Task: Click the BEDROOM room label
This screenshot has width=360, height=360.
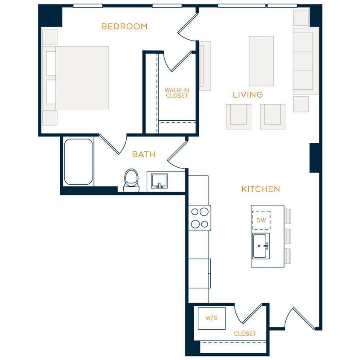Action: (x=124, y=26)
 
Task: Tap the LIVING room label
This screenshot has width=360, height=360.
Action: (x=247, y=95)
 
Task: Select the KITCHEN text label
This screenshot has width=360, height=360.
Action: (x=261, y=189)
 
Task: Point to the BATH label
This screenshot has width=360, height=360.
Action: (x=143, y=154)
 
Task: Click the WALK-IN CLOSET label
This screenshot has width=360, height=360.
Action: (x=177, y=93)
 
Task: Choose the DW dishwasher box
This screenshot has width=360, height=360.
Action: (x=261, y=221)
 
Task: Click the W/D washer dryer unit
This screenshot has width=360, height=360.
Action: (x=211, y=318)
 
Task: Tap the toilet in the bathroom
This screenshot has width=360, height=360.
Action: (x=131, y=180)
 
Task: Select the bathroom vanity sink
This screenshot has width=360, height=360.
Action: (x=159, y=181)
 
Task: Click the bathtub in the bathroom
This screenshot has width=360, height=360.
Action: (x=78, y=162)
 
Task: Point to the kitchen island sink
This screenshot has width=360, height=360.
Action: (x=261, y=246)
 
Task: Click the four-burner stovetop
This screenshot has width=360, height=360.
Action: (x=200, y=218)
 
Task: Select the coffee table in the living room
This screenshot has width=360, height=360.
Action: (x=261, y=61)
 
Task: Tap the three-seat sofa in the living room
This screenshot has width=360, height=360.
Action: (x=305, y=61)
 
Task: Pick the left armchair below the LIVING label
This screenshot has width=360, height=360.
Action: (x=238, y=116)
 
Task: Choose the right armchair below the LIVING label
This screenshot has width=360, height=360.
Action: (x=273, y=116)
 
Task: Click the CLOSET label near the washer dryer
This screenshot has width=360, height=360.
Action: (x=245, y=334)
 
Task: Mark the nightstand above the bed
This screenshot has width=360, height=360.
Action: (x=50, y=37)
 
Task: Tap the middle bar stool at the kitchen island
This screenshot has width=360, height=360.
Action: (x=288, y=236)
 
